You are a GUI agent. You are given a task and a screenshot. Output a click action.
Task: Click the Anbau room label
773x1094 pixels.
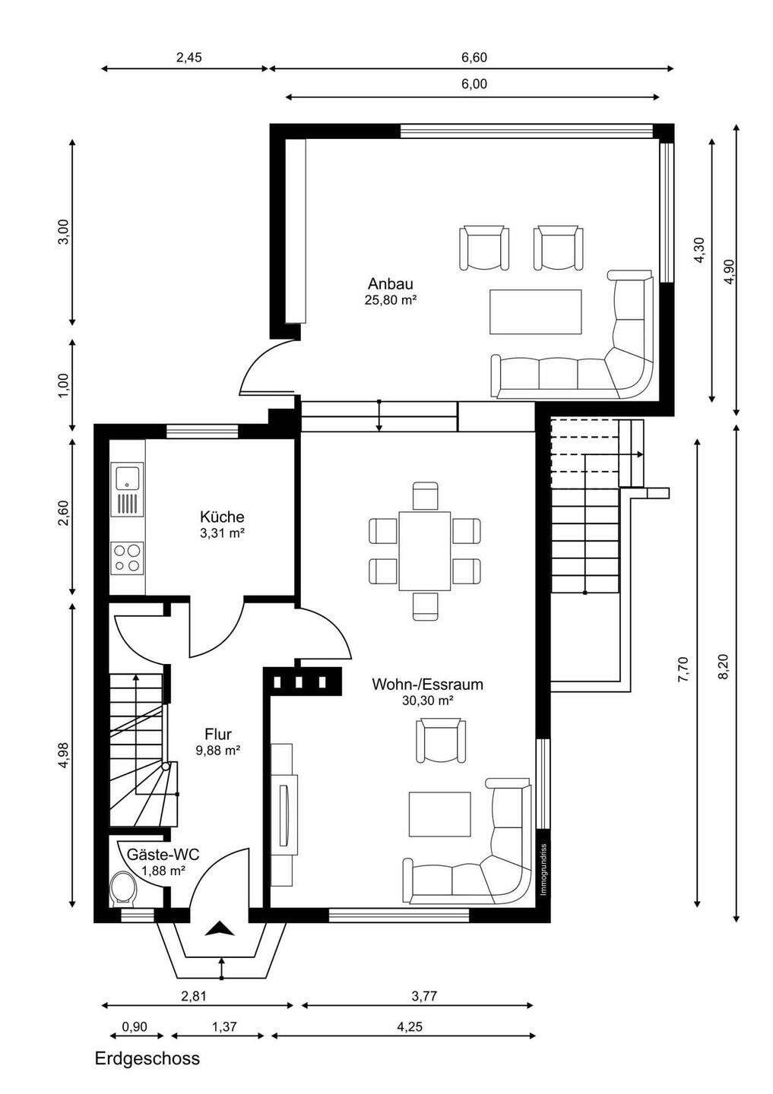(x=391, y=284)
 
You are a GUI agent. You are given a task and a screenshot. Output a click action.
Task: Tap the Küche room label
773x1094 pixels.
(x=222, y=517)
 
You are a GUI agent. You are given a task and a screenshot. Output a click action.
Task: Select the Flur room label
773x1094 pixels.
(x=218, y=734)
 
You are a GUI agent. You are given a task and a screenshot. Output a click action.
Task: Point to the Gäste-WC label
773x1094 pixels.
(x=163, y=854)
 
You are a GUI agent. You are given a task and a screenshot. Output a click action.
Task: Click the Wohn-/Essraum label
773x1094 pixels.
(x=427, y=685)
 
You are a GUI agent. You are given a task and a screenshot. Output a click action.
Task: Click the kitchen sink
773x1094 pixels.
(x=128, y=477)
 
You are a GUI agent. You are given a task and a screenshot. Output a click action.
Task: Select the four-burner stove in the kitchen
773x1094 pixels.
(x=127, y=558)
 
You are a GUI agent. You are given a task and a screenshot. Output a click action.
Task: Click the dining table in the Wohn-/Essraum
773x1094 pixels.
(x=424, y=551)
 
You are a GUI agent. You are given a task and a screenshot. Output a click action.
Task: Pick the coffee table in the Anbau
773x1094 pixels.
(x=536, y=311)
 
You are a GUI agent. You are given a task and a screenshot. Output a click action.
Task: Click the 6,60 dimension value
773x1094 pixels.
(x=474, y=58)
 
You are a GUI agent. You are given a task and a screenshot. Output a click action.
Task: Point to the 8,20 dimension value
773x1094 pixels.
(x=724, y=666)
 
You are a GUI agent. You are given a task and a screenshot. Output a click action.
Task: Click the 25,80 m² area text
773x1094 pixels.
(x=391, y=300)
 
